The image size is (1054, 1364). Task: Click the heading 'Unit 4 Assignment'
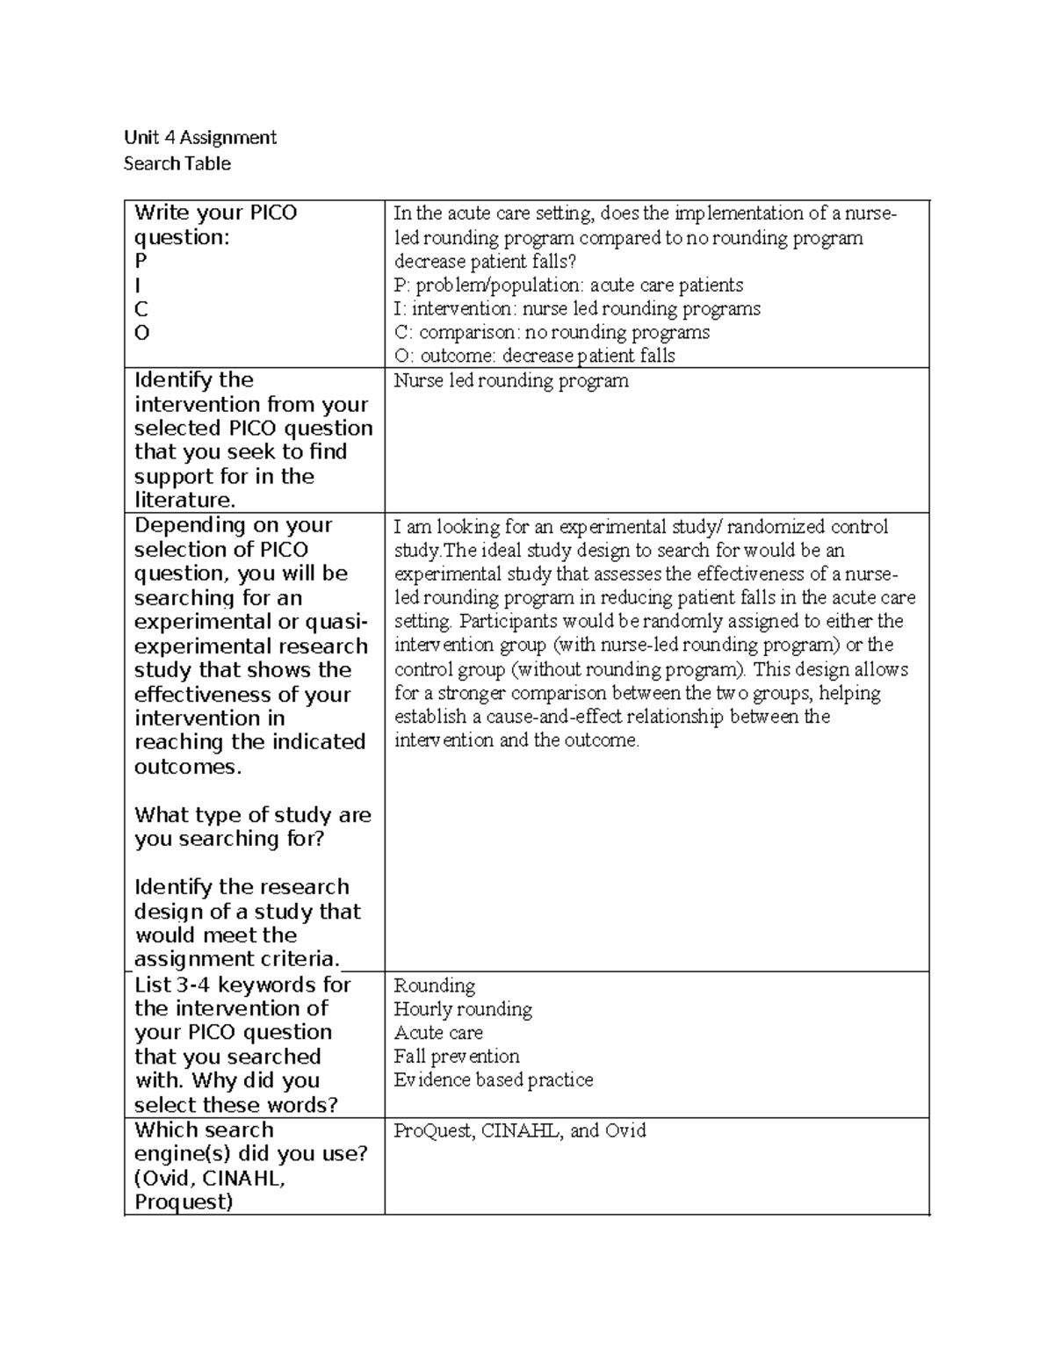pyautogui.click(x=199, y=137)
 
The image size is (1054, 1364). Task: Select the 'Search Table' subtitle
pyautogui.click(x=177, y=163)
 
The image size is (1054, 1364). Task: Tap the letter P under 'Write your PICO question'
pyautogui.click(x=141, y=261)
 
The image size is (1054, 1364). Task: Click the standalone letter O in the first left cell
pyautogui.click(x=141, y=333)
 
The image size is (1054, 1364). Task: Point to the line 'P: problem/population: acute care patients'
pyautogui.click(x=568, y=285)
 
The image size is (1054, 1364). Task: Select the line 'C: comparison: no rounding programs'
pyautogui.click(x=552, y=333)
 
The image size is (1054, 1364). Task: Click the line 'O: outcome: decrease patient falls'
pyautogui.click(x=534, y=356)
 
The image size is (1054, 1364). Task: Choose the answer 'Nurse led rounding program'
pyautogui.click(x=511, y=381)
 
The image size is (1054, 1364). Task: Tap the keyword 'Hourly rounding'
pyautogui.click(x=463, y=1009)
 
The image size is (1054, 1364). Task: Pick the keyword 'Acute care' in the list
pyautogui.click(x=438, y=1033)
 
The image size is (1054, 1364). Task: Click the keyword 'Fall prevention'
pyautogui.click(x=457, y=1057)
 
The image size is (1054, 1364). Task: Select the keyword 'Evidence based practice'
pyautogui.click(x=494, y=1080)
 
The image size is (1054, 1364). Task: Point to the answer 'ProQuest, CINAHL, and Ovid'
pyautogui.click(x=520, y=1131)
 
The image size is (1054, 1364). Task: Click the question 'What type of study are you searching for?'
pyautogui.click(x=252, y=826)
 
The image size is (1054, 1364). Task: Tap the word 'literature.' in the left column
pyautogui.click(x=185, y=501)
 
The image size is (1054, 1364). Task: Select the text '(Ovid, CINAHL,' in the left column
pyautogui.click(x=210, y=1178)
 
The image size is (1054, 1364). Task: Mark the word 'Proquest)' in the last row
pyautogui.click(x=184, y=1202)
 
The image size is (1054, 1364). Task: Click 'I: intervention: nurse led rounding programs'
pyautogui.click(x=577, y=309)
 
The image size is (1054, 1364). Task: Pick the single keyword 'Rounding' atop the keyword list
pyautogui.click(x=435, y=985)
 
